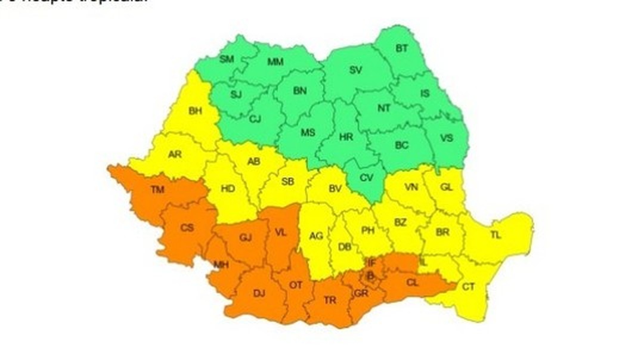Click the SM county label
(x=227, y=59)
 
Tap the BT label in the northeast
(x=402, y=48)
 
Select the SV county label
(x=356, y=70)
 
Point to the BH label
(x=195, y=110)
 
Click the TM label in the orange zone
(x=157, y=190)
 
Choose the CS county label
(x=187, y=227)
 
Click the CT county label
(x=469, y=287)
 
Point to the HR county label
(x=346, y=136)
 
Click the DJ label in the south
(x=259, y=293)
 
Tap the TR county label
(x=330, y=300)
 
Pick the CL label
(x=412, y=283)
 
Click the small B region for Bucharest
(x=370, y=276)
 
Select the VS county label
(x=447, y=138)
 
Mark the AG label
(x=316, y=236)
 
